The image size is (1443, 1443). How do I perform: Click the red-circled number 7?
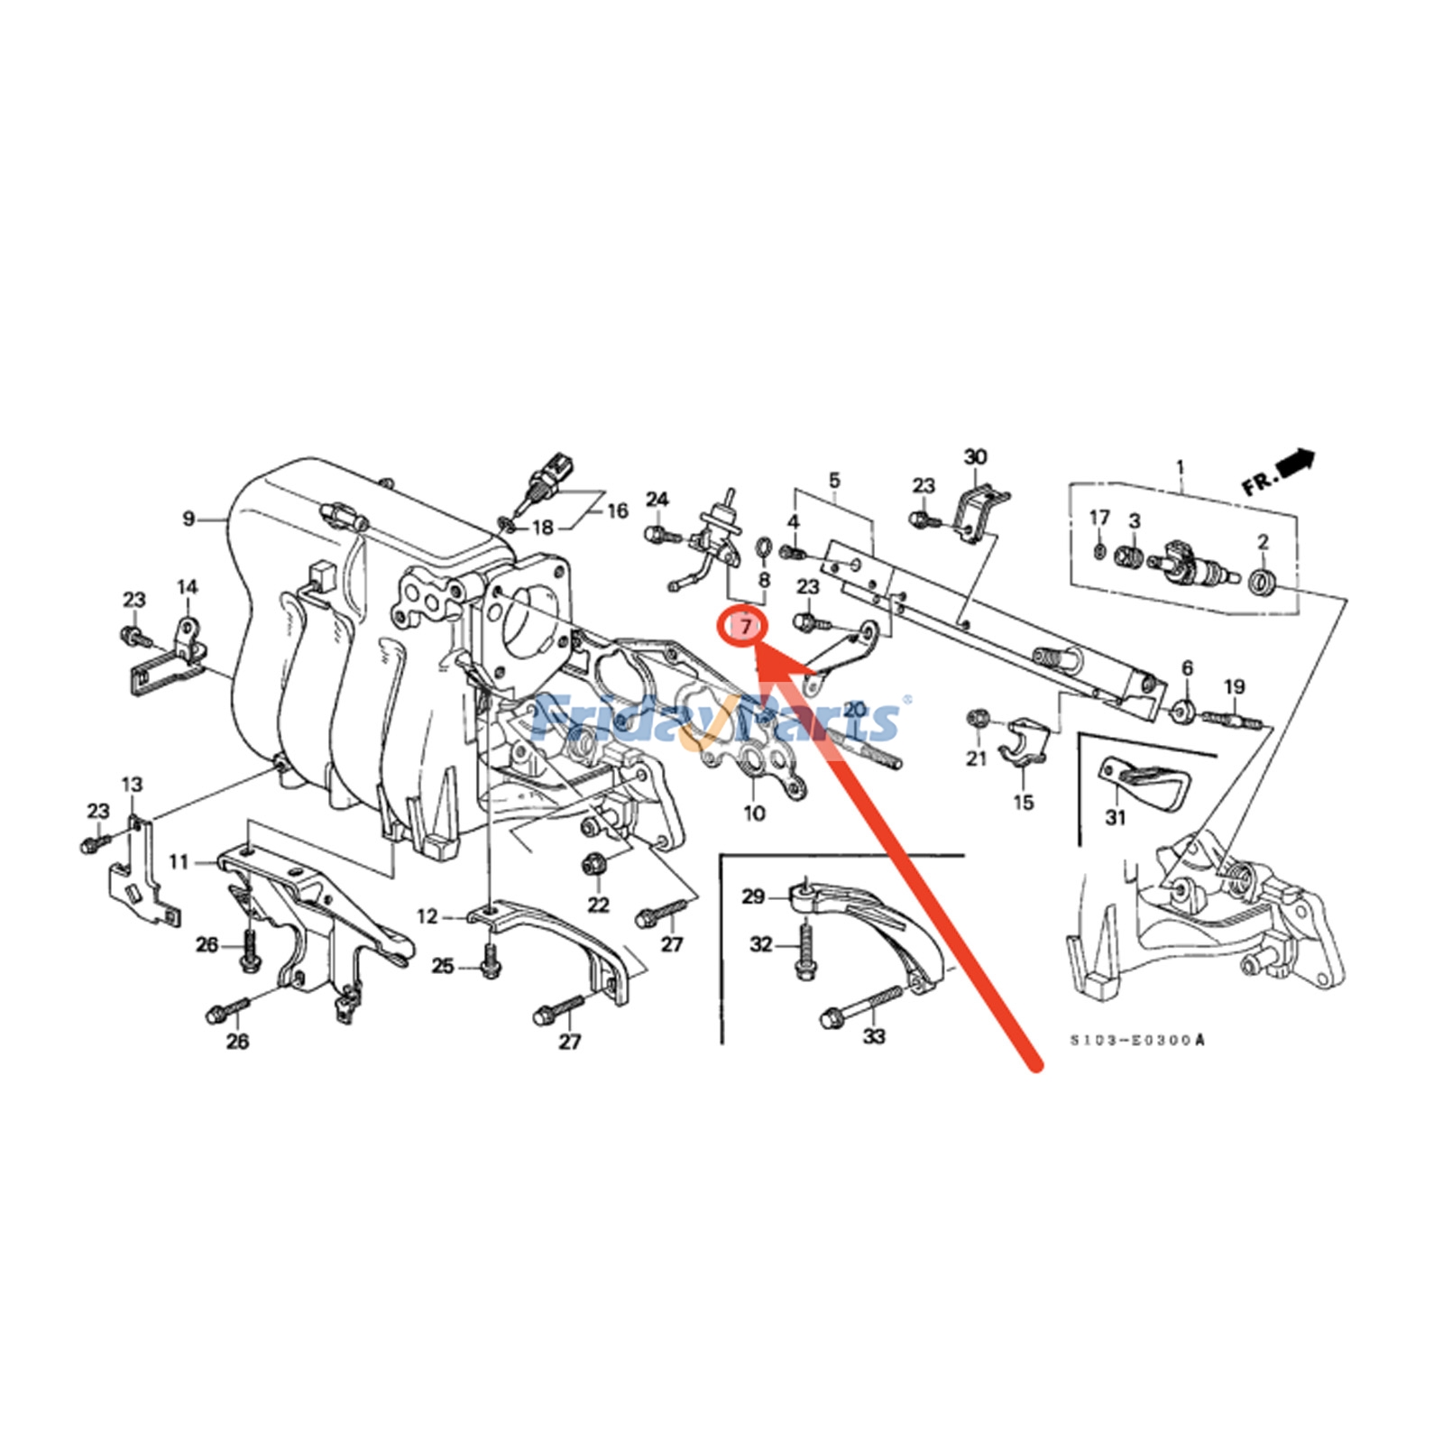(746, 625)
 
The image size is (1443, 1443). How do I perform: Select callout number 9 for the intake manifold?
(188, 519)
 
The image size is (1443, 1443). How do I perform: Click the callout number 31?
(1116, 817)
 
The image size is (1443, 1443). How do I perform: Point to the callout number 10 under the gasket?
(754, 813)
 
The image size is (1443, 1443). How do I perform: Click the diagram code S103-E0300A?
(1136, 1041)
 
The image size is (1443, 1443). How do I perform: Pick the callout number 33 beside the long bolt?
(874, 1036)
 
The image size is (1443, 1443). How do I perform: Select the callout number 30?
(976, 457)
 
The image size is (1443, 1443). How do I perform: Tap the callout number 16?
(617, 511)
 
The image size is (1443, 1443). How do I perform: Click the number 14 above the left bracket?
(187, 587)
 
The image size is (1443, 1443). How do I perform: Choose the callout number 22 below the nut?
(598, 905)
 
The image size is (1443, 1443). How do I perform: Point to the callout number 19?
(1235, 687)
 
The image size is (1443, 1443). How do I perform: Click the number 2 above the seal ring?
(1263, 542)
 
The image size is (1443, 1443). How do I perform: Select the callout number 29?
(753, 896)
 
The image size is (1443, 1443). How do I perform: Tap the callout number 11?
(179, 862)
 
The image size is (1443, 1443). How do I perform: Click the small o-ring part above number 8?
(762, 547)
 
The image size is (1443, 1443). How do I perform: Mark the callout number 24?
(657, 500)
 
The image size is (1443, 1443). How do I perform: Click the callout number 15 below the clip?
(1023, 803)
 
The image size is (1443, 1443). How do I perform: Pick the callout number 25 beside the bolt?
(442, 966)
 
